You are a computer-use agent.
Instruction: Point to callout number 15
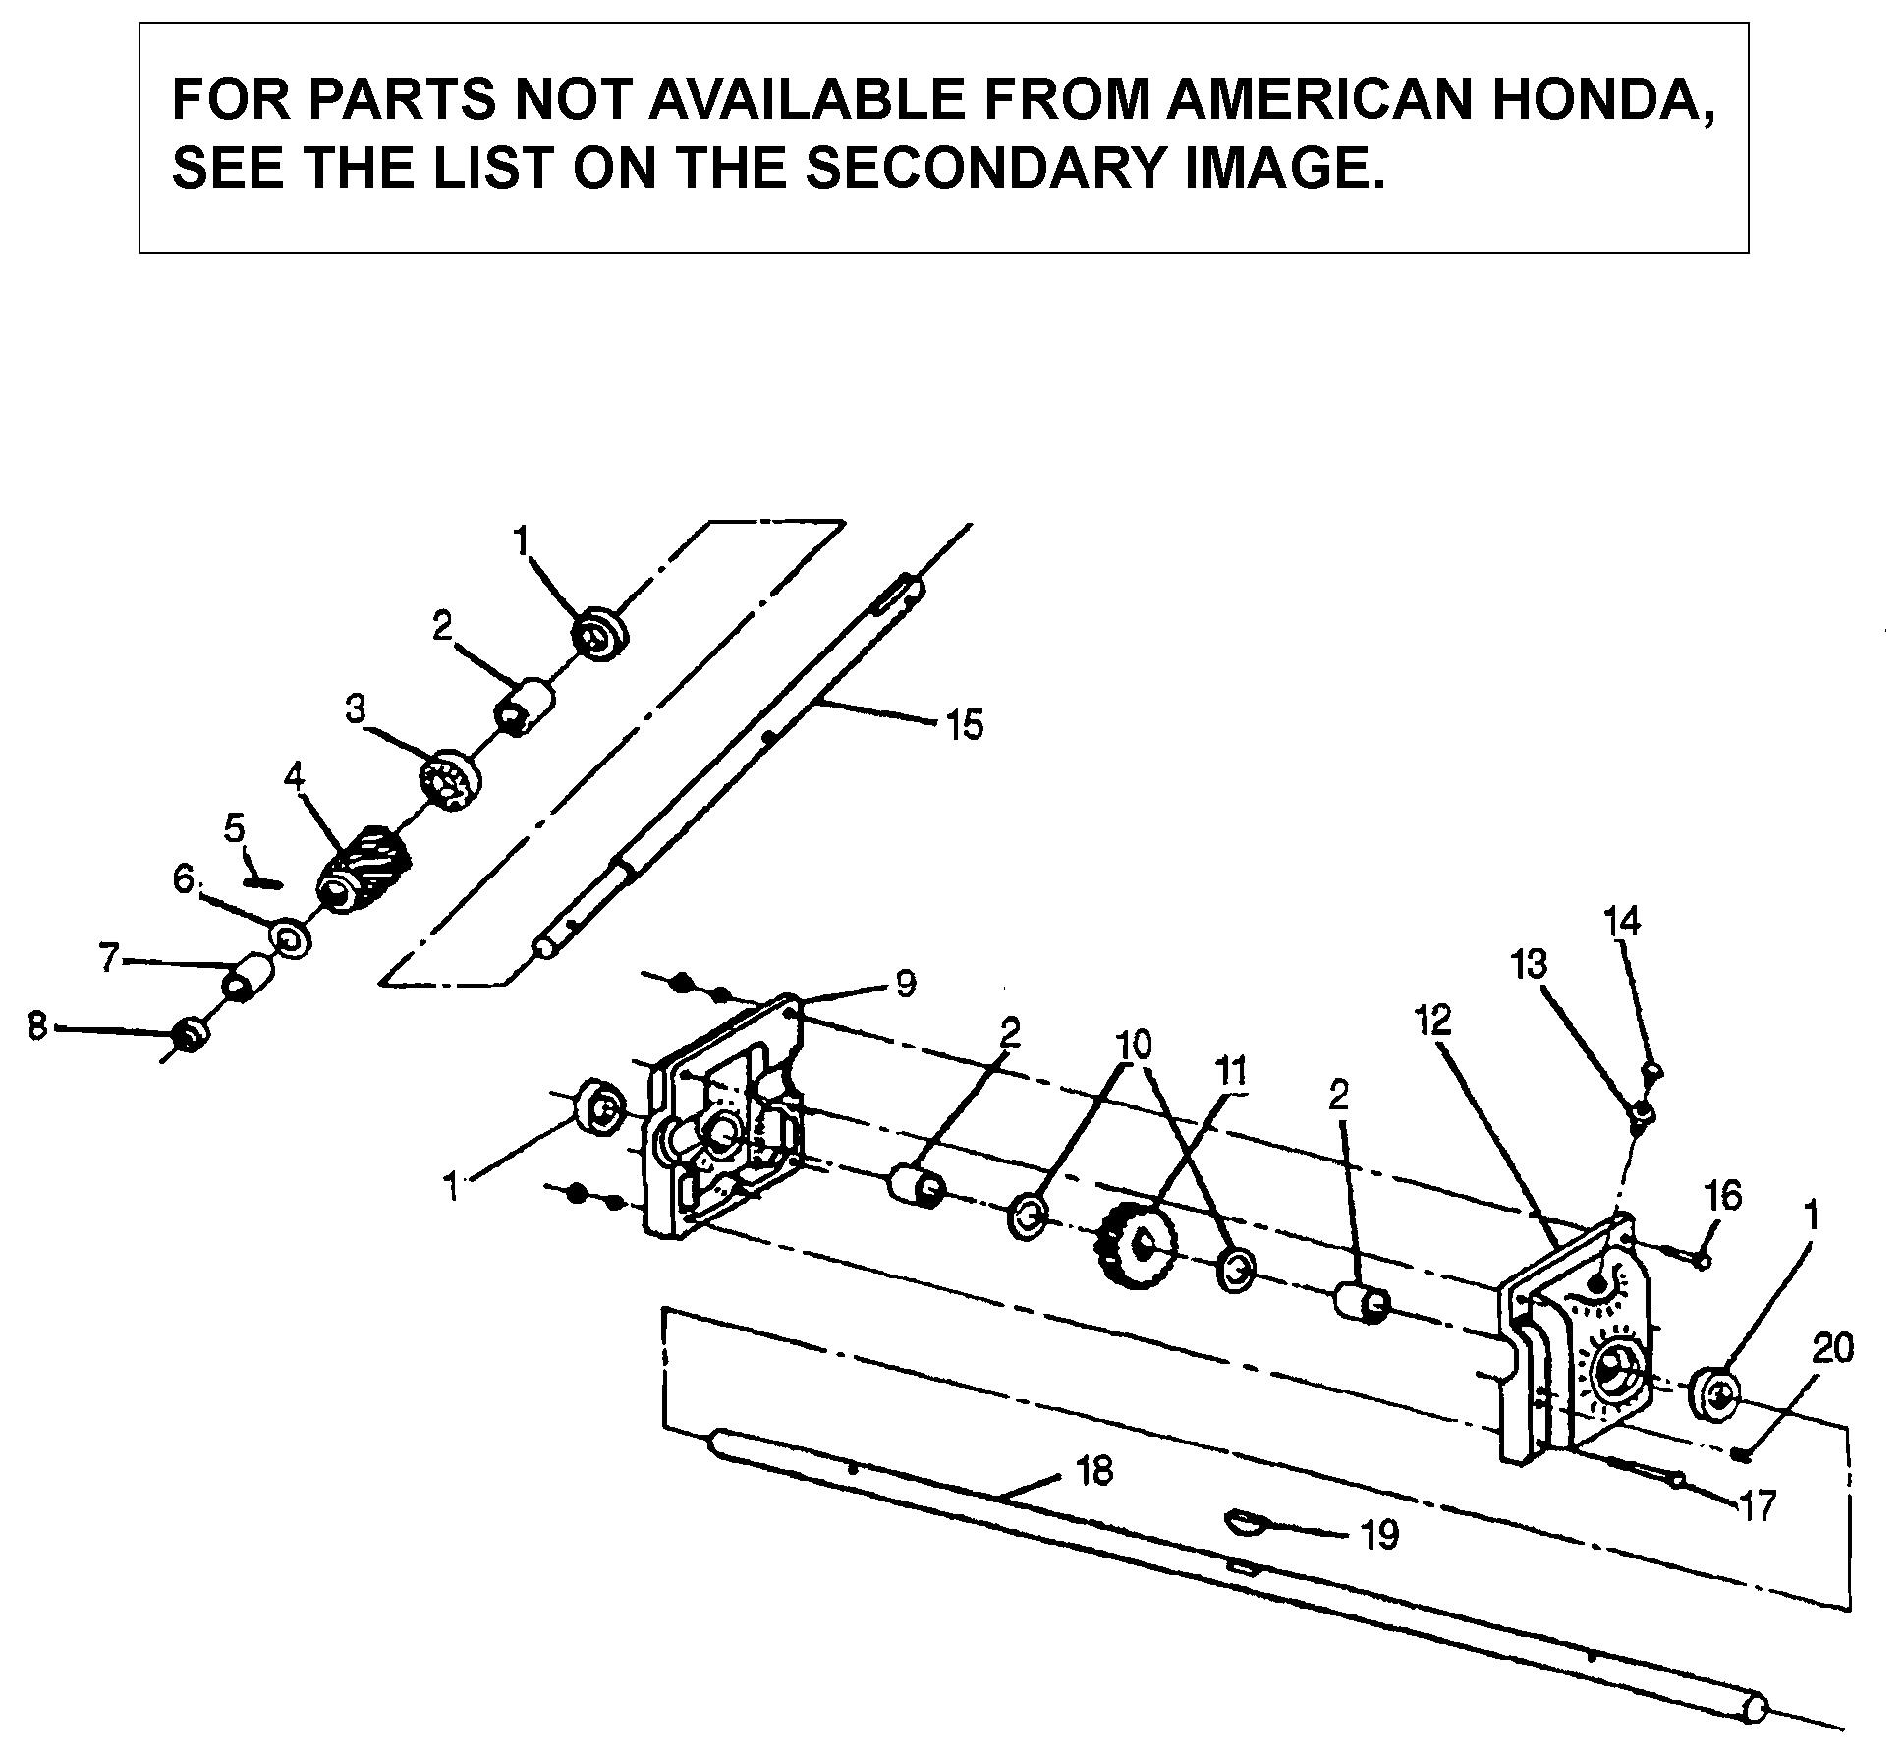964,726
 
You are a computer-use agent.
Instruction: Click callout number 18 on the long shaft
1094,1471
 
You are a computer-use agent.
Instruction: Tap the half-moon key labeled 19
1244,1524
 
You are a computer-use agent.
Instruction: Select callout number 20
1832,1348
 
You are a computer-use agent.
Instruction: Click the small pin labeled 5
263,881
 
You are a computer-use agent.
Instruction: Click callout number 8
37,1027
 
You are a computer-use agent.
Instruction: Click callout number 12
1433,1020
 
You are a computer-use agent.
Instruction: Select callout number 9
905,982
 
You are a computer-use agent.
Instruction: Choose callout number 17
1757,1505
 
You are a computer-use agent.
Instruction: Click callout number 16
1722,1196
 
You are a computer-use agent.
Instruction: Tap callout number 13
1529,964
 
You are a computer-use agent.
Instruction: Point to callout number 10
1133,1045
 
